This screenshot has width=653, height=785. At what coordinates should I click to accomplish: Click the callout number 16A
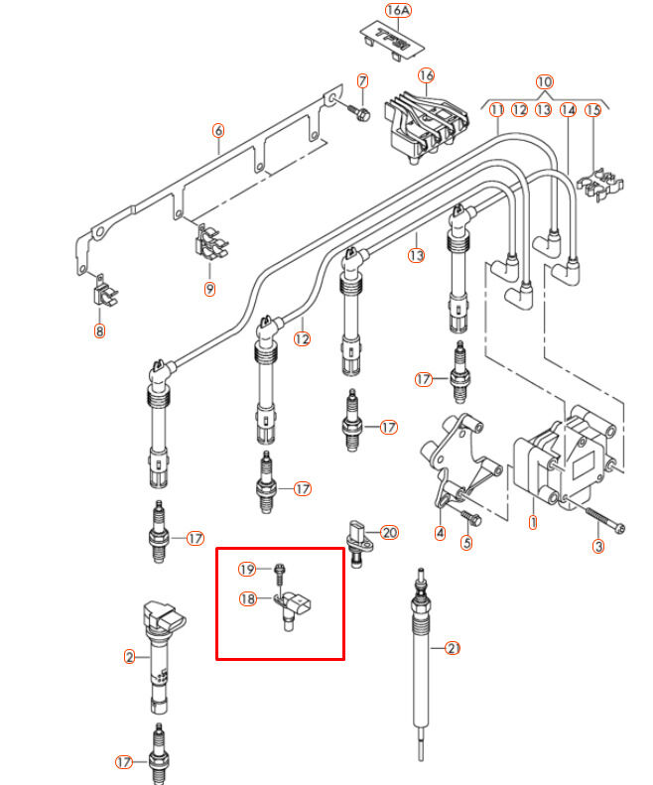click(397, 11)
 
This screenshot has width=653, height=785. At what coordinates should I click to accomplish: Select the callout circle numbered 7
click(362, 79)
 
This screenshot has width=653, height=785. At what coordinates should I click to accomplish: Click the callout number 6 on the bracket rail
click(218, 130)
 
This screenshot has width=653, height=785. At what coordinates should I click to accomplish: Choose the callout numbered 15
click(592, 110)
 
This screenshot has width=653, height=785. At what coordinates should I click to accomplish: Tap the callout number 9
click(209, 289)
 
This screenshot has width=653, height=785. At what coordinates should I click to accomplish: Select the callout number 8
click(99, 331)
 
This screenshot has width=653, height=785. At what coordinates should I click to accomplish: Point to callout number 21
click(453, 649)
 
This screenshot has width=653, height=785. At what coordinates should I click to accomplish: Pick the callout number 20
click(389, 533)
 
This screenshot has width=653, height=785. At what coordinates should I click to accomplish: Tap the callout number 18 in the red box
click(247, 598)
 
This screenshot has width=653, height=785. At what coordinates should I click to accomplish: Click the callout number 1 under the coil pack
click(533, 521)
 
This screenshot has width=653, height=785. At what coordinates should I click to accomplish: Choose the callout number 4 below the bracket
click(441, 532)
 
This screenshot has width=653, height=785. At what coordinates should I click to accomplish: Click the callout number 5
click(466, 543)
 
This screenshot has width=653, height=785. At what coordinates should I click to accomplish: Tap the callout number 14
click(568, 110)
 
